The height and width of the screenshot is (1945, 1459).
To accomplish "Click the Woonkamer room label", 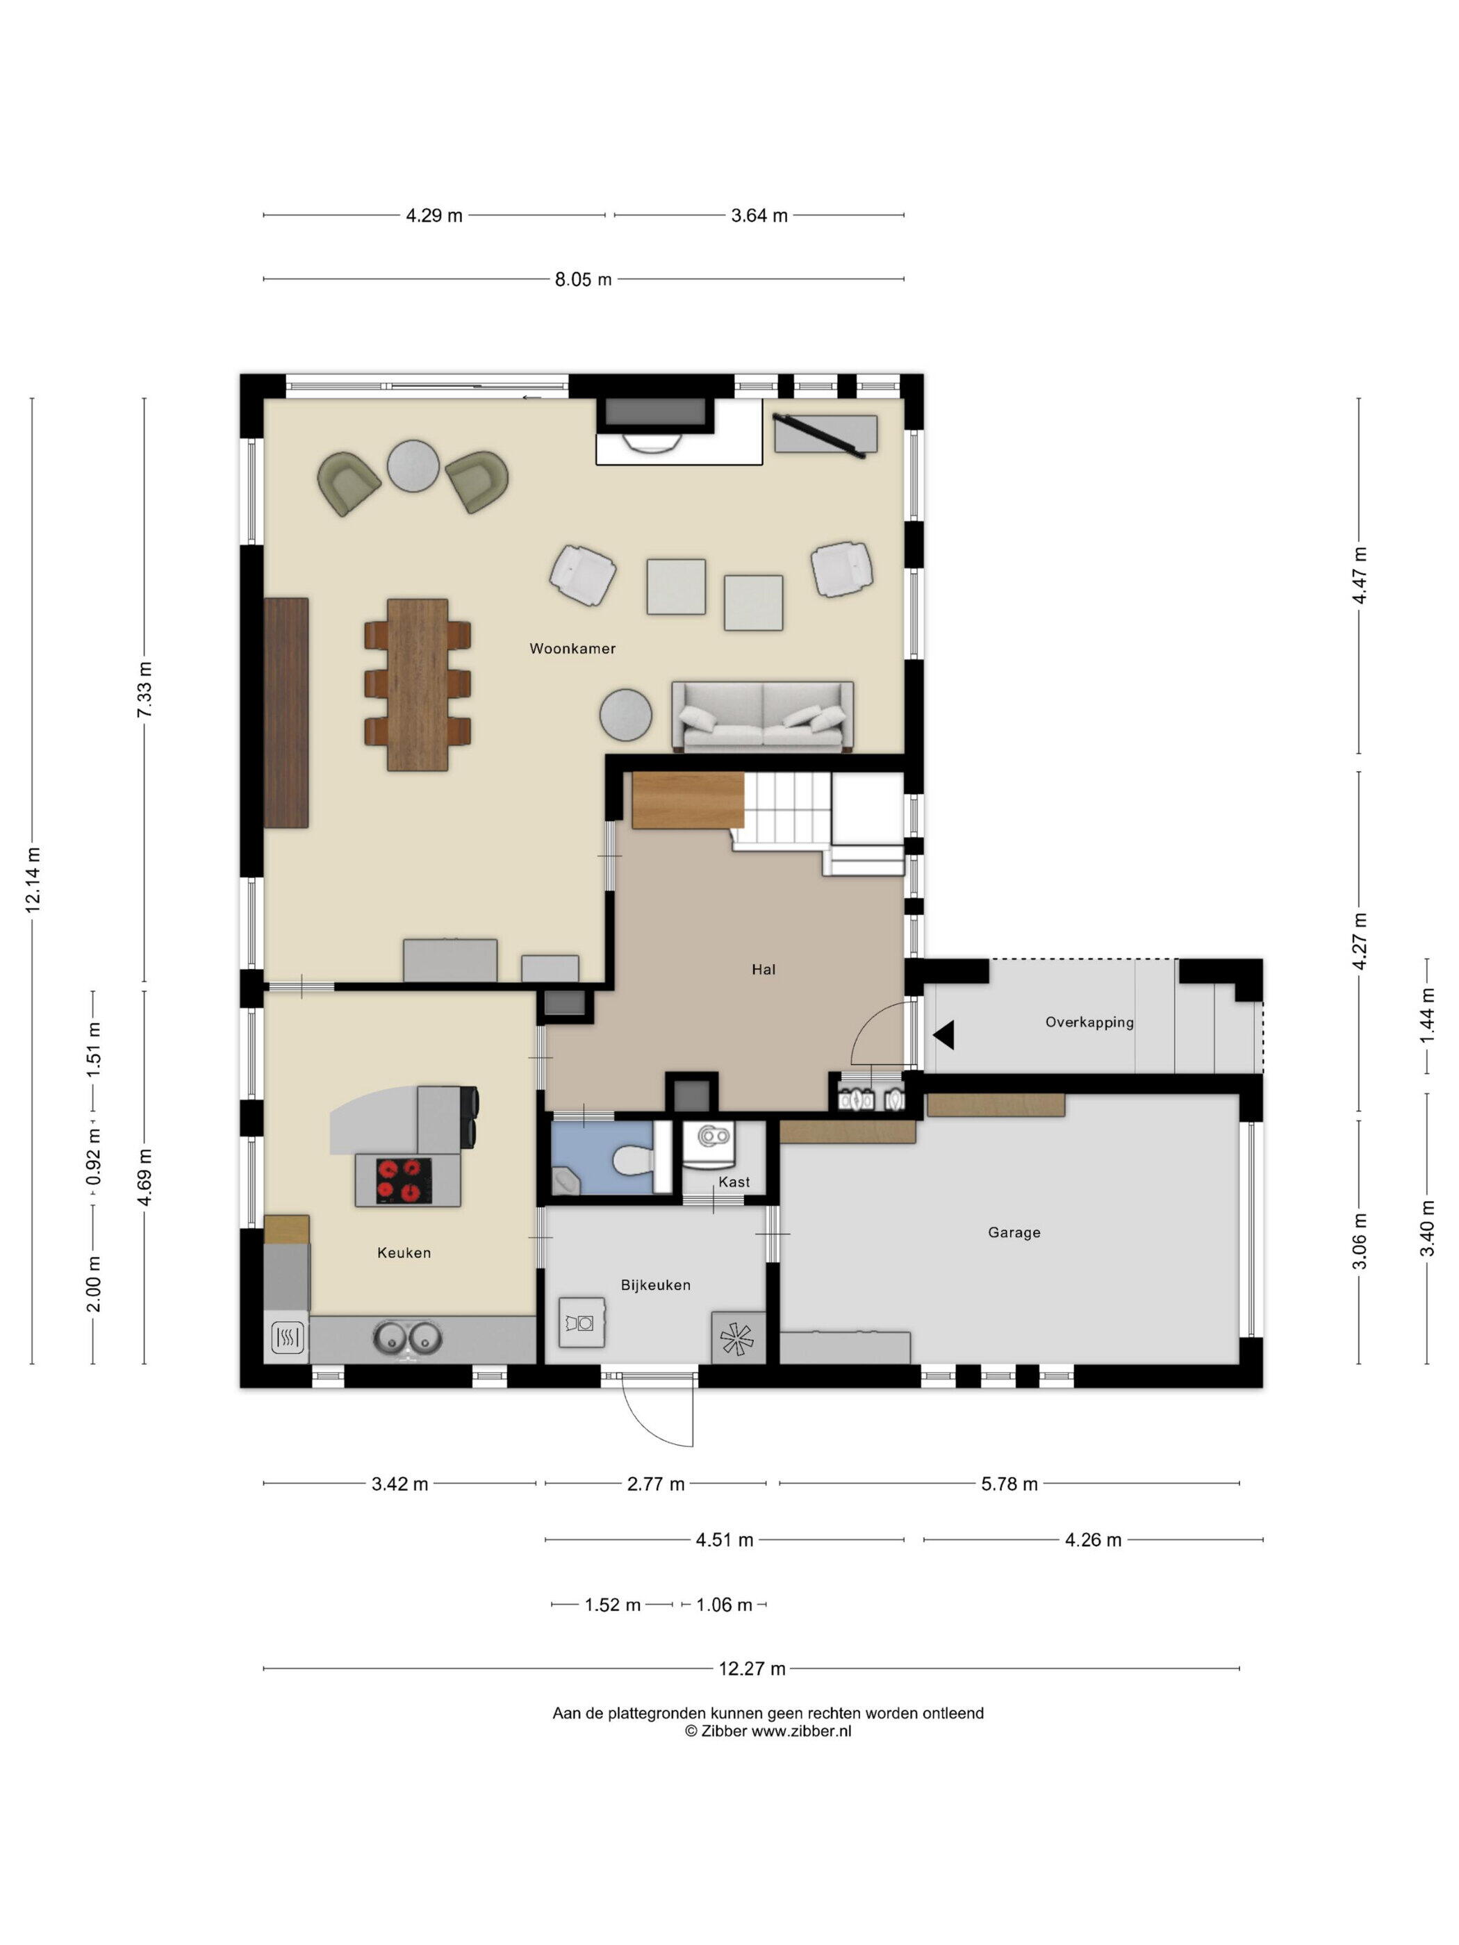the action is click(572, 648).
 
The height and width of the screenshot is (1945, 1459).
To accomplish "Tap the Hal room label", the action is click(762, 969).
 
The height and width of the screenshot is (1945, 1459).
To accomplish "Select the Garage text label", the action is click(1013, 1233).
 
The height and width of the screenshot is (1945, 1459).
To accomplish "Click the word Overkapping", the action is click(1089, 1022).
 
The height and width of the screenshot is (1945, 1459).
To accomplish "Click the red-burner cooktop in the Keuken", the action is click(404, 1181).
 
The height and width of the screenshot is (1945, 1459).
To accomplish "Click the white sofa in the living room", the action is click(761, 715).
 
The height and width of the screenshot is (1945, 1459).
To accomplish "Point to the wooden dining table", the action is click(417, 684).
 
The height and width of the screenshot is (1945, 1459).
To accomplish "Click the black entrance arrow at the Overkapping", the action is click(943, 1035).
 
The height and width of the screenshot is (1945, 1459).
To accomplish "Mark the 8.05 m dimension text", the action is click(582, 280).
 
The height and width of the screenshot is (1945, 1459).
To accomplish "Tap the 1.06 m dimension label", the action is click(724, 1605).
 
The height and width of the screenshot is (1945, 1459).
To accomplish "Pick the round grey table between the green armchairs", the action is click(413, 465).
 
